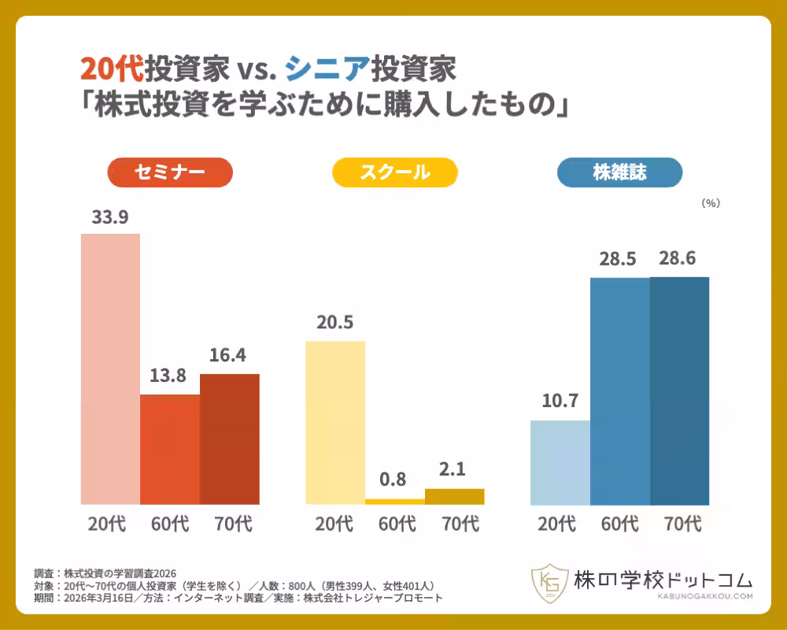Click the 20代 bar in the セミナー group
pos(110,369)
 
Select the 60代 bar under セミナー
pos(170,449)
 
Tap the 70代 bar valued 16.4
pos(230,439)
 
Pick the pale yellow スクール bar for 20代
pos(335,423)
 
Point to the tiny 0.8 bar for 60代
pos(395,502)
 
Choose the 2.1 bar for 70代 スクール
pos(455,496)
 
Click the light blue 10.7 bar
pos(560,462)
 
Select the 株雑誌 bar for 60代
pos(620,391)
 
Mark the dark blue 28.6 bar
pos(680,391)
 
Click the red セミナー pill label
pos(170,172)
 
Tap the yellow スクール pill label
pos(395,172)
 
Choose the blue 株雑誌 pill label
pos(620,172)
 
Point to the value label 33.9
pos(110,217)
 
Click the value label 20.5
pos(334,322)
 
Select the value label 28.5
pos(617,259)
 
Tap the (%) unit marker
pos(711,203)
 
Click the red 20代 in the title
pos(112,69)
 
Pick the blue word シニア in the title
pos(327,69)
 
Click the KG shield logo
pos(549,583)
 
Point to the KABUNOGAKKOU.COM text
pos(704,596)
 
